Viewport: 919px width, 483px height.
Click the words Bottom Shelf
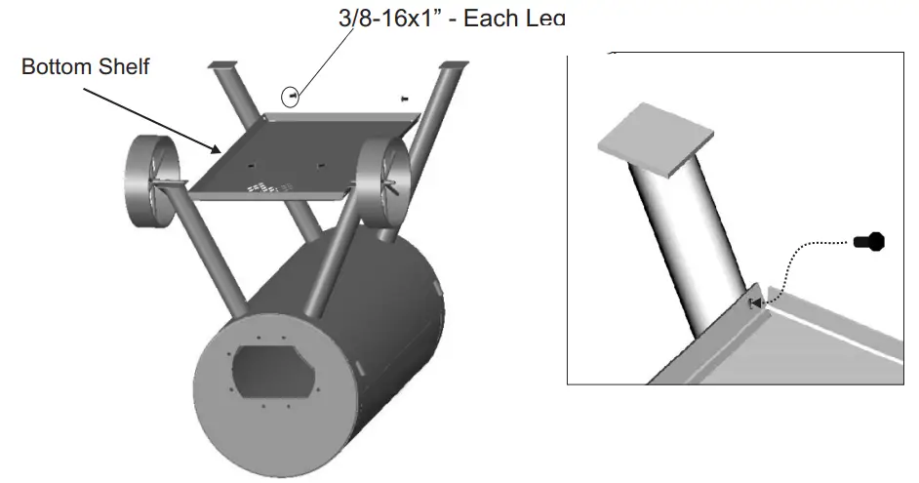tap(85, 67)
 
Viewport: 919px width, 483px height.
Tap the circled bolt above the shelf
tap(292, 96)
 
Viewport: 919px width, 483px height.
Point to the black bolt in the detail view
tap(867, 241)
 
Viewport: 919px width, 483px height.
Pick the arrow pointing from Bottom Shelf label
tap(151, 117)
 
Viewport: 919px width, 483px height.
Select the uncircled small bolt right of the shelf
tap(405, 98)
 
